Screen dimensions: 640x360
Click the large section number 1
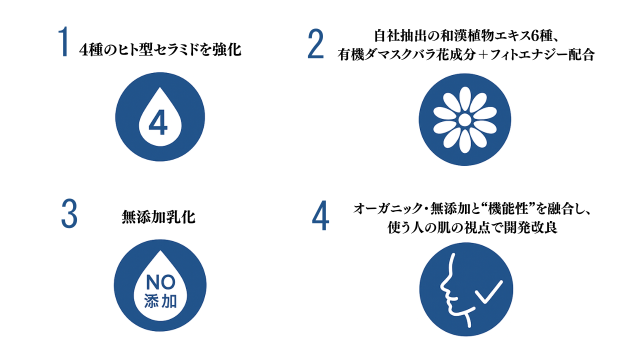coord(63,43)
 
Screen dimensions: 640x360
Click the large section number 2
coord(315,44)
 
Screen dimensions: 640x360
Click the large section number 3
coord(69,214)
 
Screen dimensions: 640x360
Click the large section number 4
coord(320,215)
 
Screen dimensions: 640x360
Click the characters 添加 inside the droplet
coord(160,301)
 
